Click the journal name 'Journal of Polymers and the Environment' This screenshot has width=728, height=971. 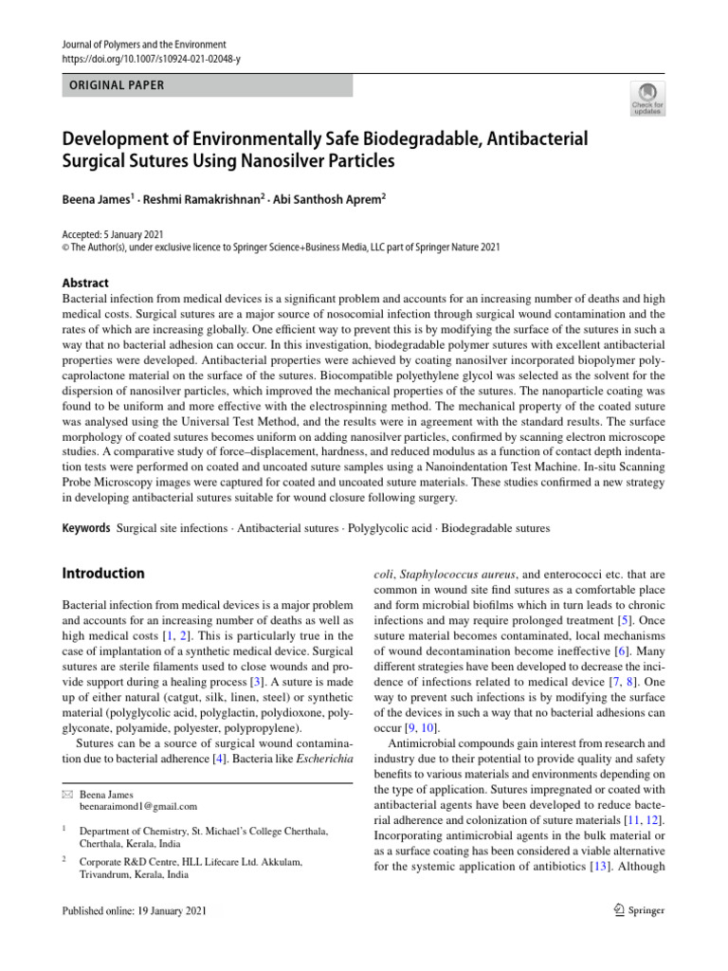tap(144, 45)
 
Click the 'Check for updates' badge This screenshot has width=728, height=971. tap(646, 99)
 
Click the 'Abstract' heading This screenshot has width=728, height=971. tap(85, 283)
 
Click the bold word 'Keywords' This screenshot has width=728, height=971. tap(85, 527)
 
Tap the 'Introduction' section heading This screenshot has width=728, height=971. tap(103, 574)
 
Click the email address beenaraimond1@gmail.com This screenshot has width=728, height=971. tap(138, 807)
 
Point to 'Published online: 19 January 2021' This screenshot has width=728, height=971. tap(133, 911)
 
